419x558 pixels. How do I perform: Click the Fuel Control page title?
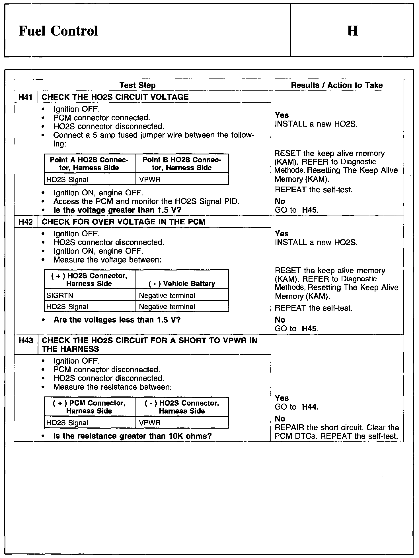point(58,31)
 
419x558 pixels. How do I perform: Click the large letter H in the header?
point(352,31)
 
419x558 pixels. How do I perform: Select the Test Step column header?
point(137,85)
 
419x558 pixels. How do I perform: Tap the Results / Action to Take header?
point(337,85)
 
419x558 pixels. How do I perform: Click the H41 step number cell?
point(26,97)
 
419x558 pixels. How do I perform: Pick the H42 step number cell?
point(26,222)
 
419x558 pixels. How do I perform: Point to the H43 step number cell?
point(26,340)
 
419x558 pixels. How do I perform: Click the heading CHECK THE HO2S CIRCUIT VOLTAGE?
point(115,97)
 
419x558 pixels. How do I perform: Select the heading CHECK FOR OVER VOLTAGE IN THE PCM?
point(123,222)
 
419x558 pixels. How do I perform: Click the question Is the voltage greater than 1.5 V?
point(117,210)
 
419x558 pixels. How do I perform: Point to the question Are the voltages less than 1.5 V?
point(117,320)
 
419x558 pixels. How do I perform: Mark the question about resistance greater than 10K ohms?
point(132,436)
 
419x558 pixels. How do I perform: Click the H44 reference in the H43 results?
point(310,407)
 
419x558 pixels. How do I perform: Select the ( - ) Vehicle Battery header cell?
point(182,284)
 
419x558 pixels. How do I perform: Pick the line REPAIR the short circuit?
point(337,428)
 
